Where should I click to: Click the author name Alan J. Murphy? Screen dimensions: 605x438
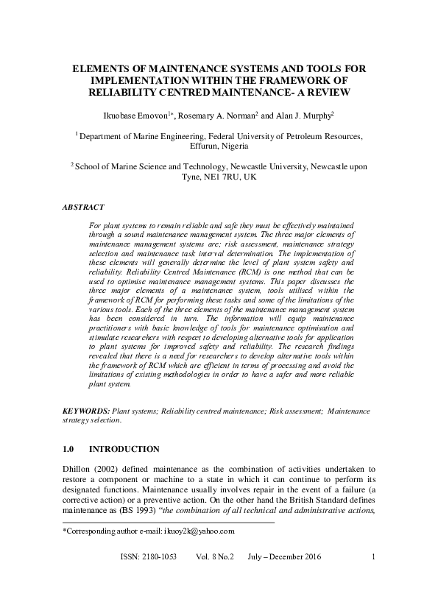(x=296, y=116)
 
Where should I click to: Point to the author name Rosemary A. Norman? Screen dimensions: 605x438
(x=226, y=116)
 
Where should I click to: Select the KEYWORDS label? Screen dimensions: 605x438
(x=86, y=410)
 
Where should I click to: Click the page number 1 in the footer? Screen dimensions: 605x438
(x=374, y=577)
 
